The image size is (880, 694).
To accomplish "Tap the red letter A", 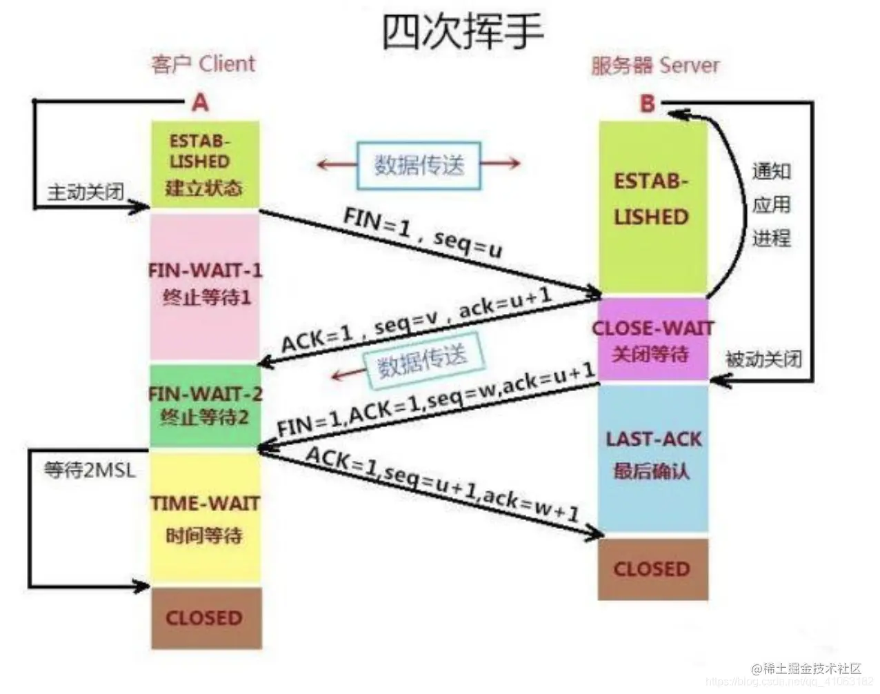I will click(x=200, y=103).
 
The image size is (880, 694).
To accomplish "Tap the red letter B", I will click(x=647, y=103).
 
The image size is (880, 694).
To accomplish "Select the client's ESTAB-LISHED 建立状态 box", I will click(x=205, y=165).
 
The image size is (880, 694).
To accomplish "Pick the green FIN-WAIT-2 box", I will click(x=205, y=406).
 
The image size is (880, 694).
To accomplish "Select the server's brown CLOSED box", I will click(x=652, y=569).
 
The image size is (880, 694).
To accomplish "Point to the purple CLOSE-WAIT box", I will click(x=652, y=340).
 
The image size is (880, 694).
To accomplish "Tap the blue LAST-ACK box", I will click(x=652, y=456).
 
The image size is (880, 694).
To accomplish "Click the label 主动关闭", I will click(x=85, y=192).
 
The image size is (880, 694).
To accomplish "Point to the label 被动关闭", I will click(x=763, y=359).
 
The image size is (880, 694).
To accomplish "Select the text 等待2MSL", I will click(x=90, y=471).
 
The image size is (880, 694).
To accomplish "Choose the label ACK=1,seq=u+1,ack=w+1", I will click(x=442, y=486).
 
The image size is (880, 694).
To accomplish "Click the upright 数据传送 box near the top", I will click(x=419, y=165).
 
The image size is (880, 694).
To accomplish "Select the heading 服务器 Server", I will click(x=655, y=66).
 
